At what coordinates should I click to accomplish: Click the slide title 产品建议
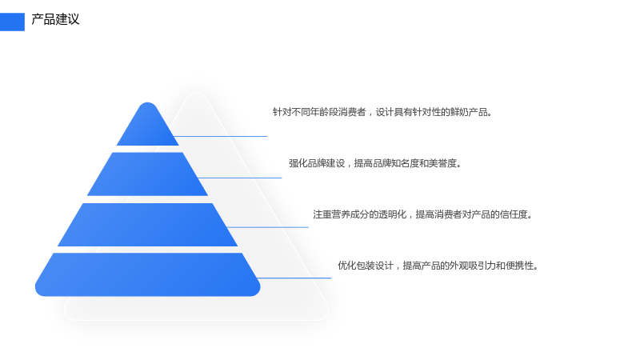tap(55, 19)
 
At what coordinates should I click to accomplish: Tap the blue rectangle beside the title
tap(12, 22)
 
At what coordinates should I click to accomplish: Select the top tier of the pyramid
tap(148, 125)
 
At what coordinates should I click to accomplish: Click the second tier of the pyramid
tap(147, 174)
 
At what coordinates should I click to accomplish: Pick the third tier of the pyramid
tap(147, 225)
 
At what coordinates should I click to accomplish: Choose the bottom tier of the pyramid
tap(147, 274)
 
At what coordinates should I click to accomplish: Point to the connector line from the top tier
tap(221, 136)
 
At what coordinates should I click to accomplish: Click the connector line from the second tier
tap(239, 178)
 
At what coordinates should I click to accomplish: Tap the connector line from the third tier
tap(267, 227)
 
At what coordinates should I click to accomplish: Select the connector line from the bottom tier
tap(294, 278)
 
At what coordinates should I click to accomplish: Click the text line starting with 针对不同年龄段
tap(382, 112)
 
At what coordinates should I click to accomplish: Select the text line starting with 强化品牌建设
tap(375, 163)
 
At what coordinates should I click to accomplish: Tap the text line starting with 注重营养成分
tap(422, 214)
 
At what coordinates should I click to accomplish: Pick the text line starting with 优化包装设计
tap(438, 266)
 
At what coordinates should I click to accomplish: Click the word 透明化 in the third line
tap(392, 214)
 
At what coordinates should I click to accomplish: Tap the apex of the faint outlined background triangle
tap(196, 94)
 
